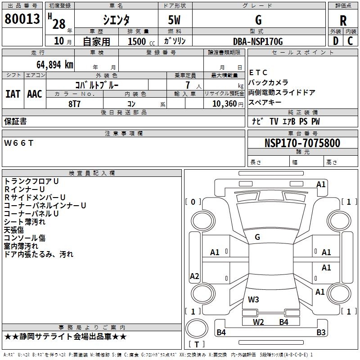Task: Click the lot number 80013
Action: [22, 19]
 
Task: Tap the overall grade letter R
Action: [343, 20]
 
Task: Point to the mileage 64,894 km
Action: [49, 64]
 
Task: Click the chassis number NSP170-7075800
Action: [302, 143]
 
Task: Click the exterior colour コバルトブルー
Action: [97, 85]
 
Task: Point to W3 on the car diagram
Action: [253, 299]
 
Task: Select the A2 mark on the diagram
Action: [194, 276]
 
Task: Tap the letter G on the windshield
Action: [257, 237]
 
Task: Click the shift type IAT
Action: [13, 94]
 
